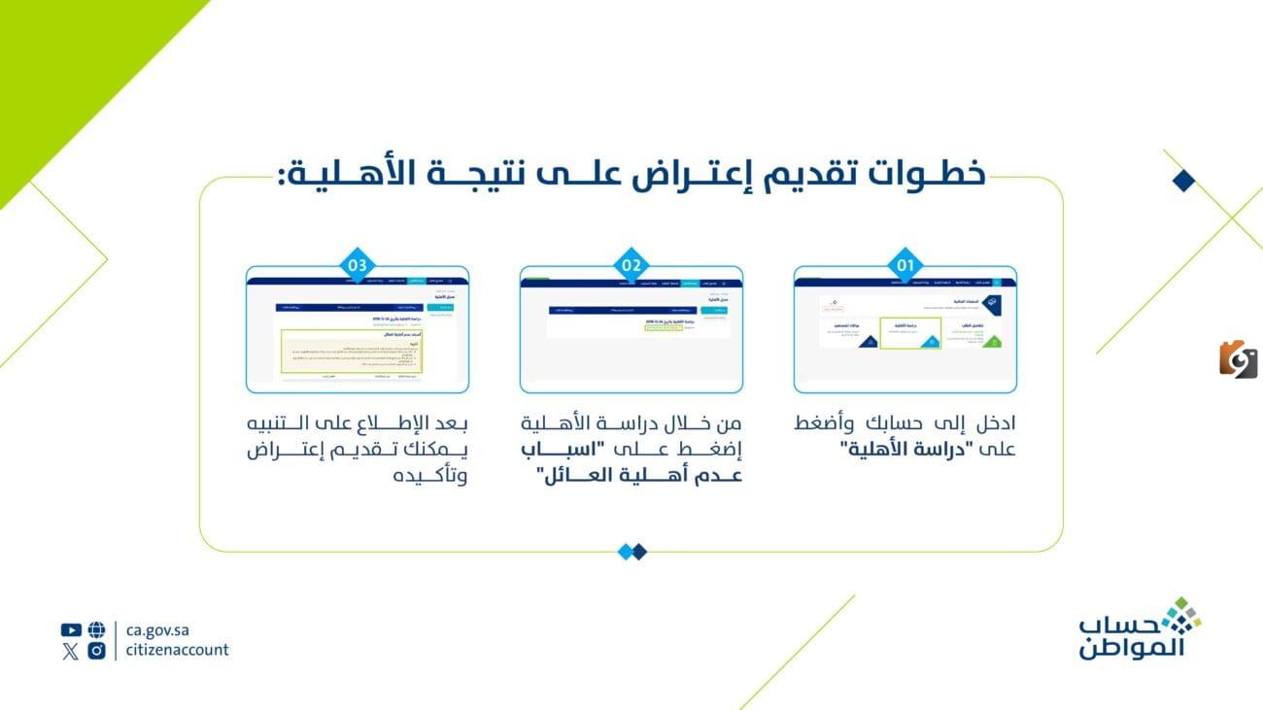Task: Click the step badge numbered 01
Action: (905, 264)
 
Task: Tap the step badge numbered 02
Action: (631, 264)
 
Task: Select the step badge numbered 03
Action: (358, 264)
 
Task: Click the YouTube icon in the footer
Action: (70, 629)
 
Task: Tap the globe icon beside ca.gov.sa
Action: (96, 629)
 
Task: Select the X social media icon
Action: (70, 651)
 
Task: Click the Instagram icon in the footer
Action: (96, 651)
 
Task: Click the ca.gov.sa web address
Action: (157, 629)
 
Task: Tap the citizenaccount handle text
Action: (177, 651)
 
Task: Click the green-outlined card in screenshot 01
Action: (910, 332)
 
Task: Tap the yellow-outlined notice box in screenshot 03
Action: (357, 351)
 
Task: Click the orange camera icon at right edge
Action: (1238, 359)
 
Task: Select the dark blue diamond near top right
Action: (1182, 181)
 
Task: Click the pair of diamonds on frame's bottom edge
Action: (631, 552)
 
